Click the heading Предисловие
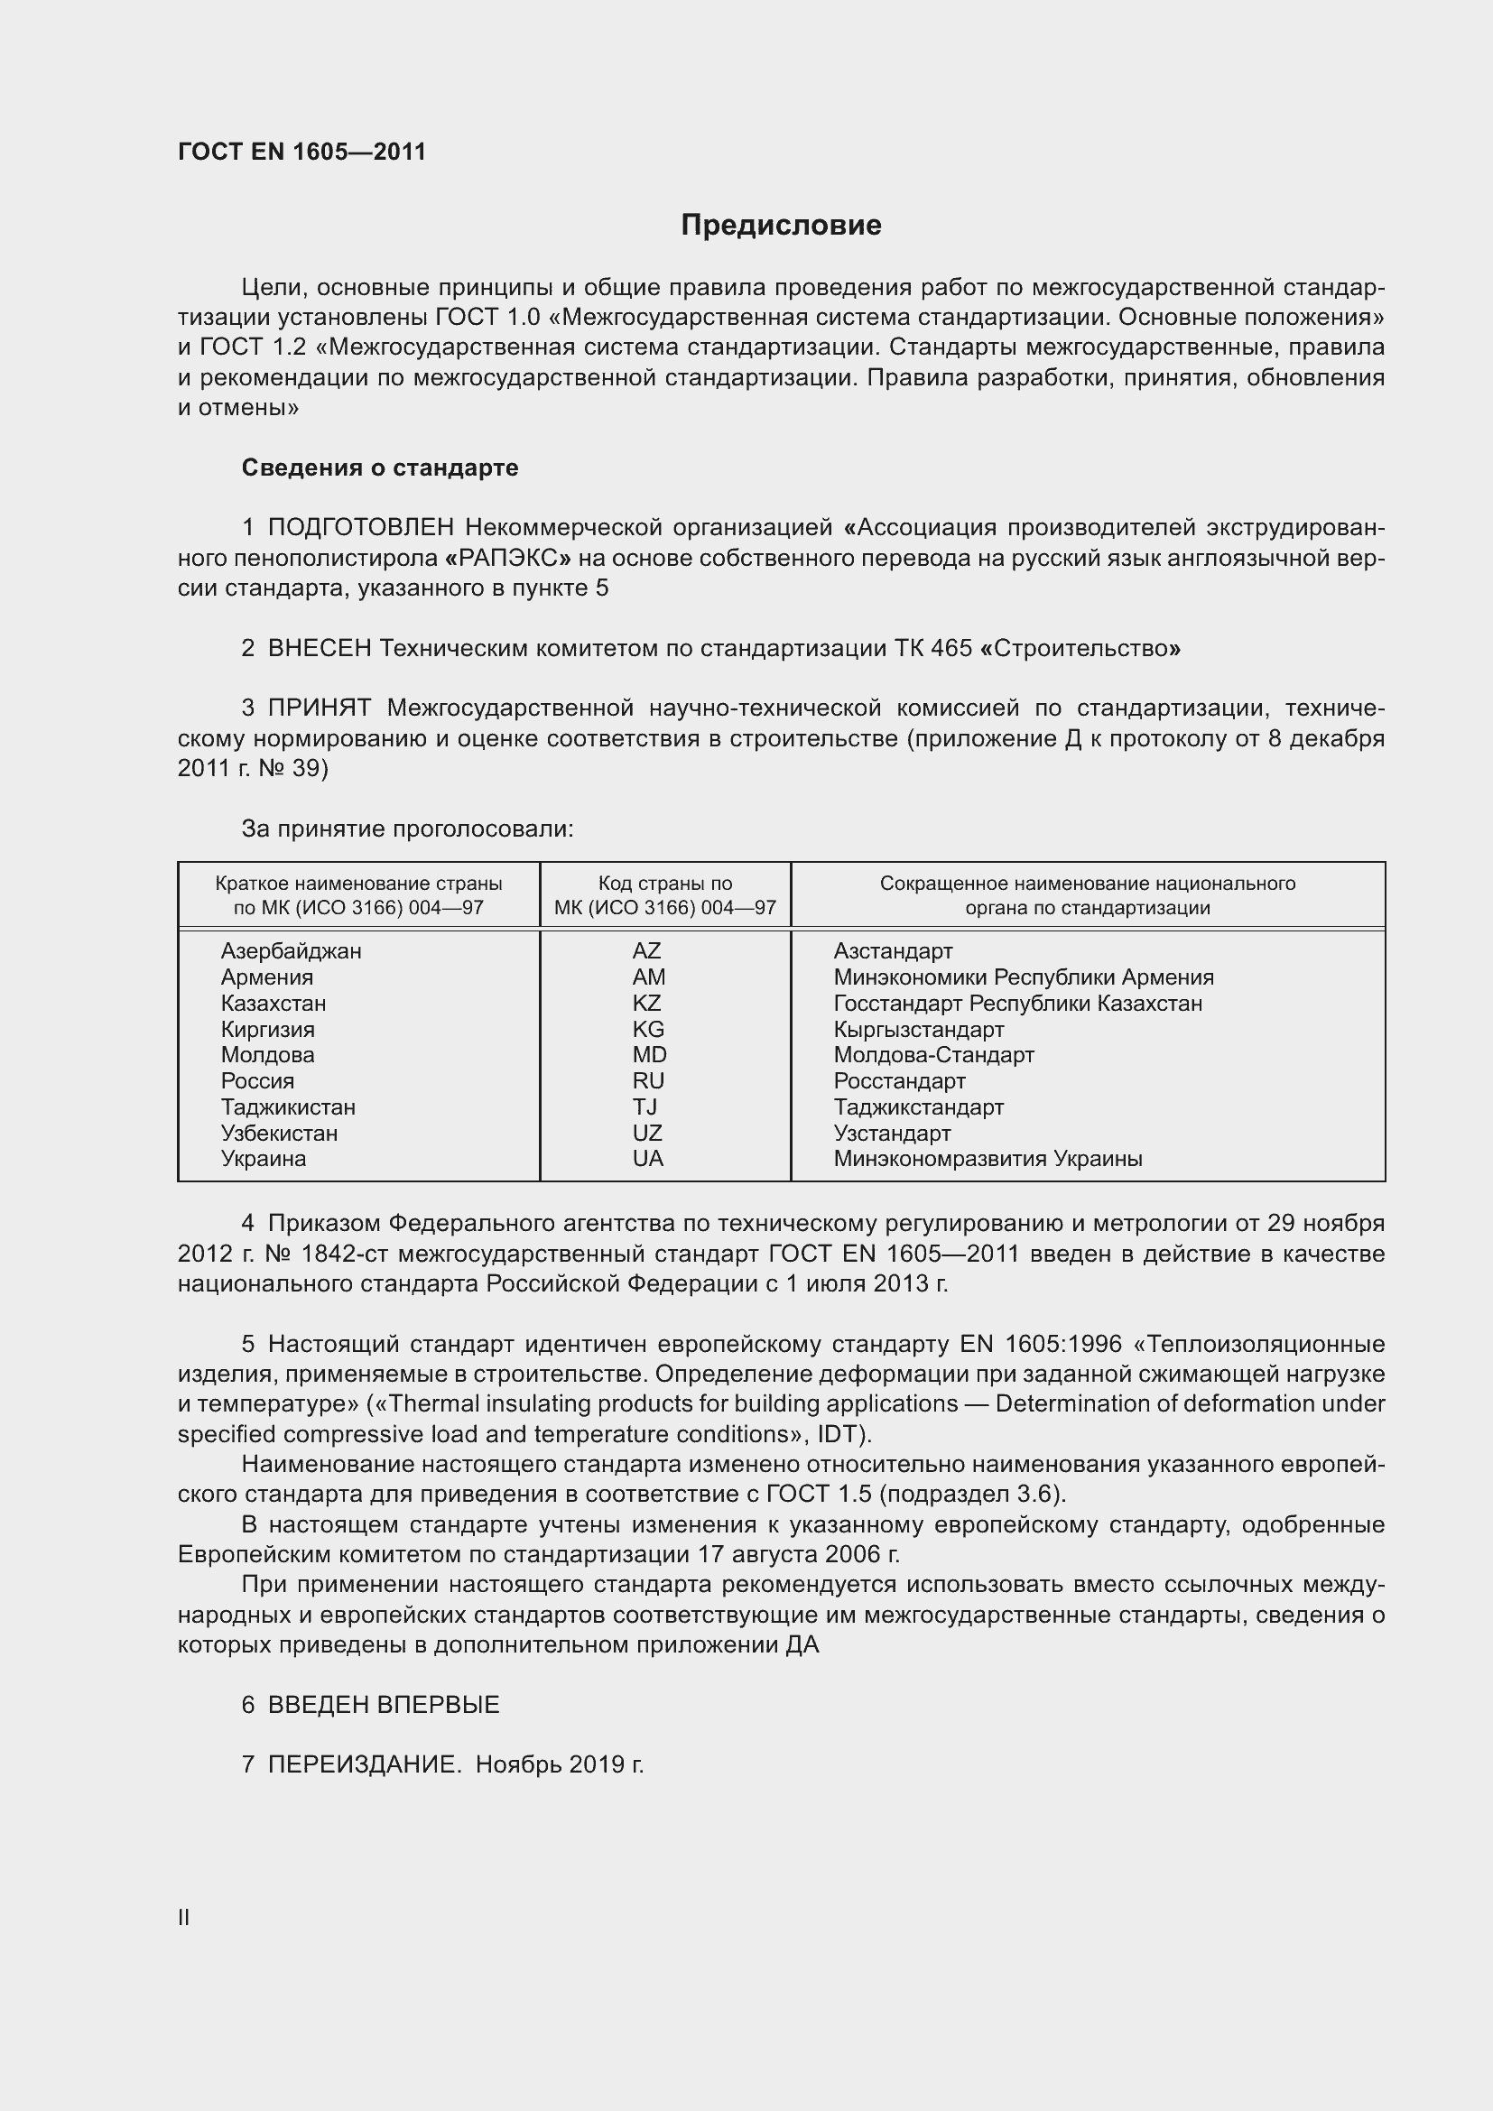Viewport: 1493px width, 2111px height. click(x=781, y=226)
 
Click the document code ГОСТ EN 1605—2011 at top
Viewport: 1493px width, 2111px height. click(x=301, y=152)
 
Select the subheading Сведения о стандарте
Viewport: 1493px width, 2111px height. click(x=380, y=468)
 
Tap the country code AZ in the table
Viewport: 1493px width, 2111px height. click(x=646, y=950)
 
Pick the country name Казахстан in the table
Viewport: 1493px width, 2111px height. click(x=273, y=1003)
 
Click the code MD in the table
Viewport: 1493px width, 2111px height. click(x=649, y=1054)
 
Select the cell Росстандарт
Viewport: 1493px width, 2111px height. click(x=899, y=1081)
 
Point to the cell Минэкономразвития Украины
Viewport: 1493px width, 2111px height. click(x=988, y=1159)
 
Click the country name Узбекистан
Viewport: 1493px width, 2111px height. click(x=279, y=1133)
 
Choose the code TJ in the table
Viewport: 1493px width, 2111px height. click(x=644, y=1107)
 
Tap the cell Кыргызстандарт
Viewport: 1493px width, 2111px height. click(x=918, y=1029)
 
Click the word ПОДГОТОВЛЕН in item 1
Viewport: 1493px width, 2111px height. click(x=360, y=528)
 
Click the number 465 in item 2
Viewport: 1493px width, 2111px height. click(x=951, y=648)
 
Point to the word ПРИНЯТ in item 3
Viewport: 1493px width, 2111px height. click(x=319, y=708)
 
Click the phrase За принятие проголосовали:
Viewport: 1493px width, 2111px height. click(x=407, y=829)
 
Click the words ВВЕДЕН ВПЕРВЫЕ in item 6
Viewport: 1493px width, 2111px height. click(x=384, y=1705)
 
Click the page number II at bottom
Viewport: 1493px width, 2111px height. click(x=184, y=1918)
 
